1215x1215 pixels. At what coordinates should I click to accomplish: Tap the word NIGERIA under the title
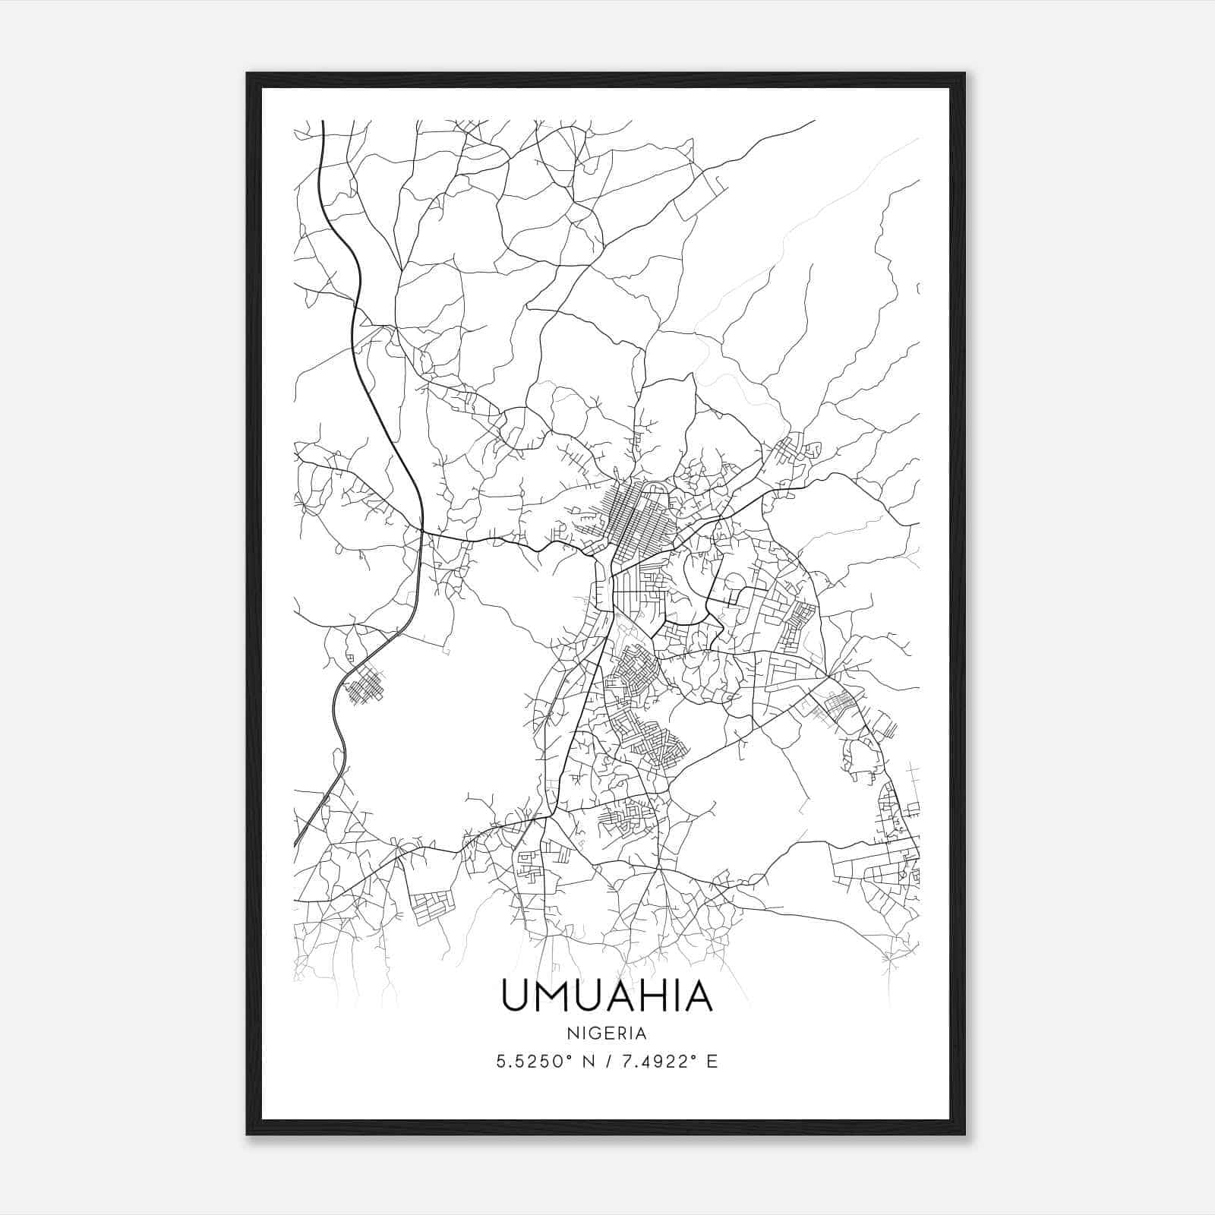pyautogui.click(x=607, y=1034)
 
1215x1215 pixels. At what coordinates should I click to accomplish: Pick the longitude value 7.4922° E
pyautogui.click(x=667, y=1062)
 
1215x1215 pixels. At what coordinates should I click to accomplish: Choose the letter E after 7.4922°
pyautogui.click(x=712, y=1062)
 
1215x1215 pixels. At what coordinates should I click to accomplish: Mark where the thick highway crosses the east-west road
pyautogui.click(x=421, y=527)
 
